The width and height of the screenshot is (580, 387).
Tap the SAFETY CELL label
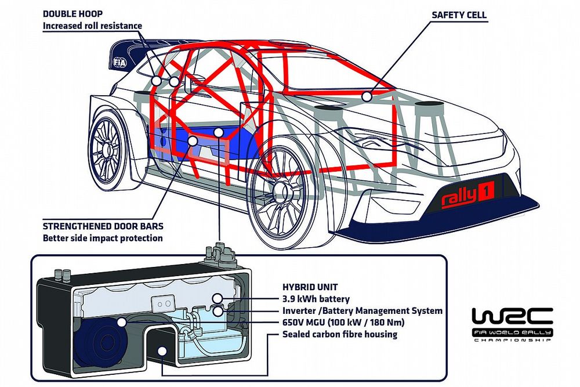(458, 15)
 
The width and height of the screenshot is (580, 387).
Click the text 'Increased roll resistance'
(92, 26)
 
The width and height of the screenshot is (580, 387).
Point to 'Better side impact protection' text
(103, 238)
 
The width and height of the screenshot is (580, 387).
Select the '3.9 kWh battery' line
(316, 299)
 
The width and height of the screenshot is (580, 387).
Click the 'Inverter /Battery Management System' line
(362, 311)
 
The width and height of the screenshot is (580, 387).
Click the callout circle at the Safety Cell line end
(365, 95)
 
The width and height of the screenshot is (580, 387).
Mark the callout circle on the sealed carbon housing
(161, 350)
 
